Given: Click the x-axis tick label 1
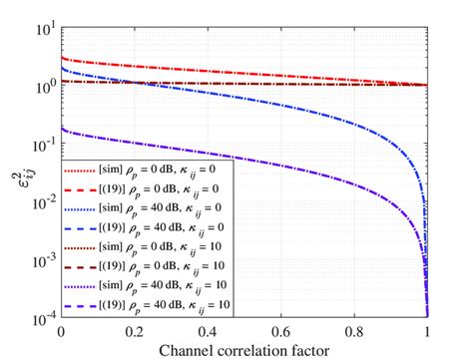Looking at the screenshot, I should click(x=427, y=330).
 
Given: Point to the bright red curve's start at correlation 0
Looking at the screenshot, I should click(x=63, y=58).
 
